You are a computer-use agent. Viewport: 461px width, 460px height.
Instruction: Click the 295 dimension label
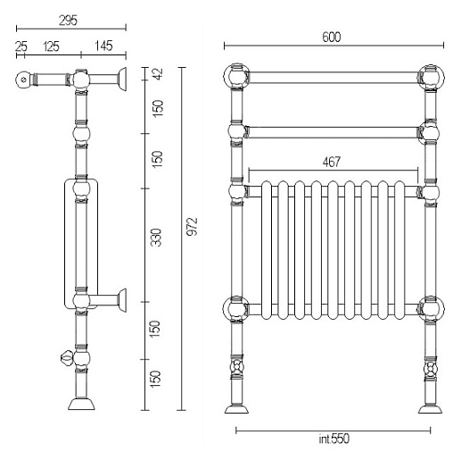68,21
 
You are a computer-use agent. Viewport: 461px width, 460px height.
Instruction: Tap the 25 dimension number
21,46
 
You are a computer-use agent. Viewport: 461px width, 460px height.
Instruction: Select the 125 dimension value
51,46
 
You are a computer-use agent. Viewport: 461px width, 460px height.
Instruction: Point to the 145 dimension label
103,46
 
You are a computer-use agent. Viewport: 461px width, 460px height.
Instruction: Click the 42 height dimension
159,74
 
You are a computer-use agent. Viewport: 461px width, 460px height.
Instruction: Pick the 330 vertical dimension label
156,238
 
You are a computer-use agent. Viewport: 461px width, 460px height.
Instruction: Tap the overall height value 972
192,227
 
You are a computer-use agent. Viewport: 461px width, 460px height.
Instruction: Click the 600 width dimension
332,37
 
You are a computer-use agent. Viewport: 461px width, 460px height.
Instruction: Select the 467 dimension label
332,162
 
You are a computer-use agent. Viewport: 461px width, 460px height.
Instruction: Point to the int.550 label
333,439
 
